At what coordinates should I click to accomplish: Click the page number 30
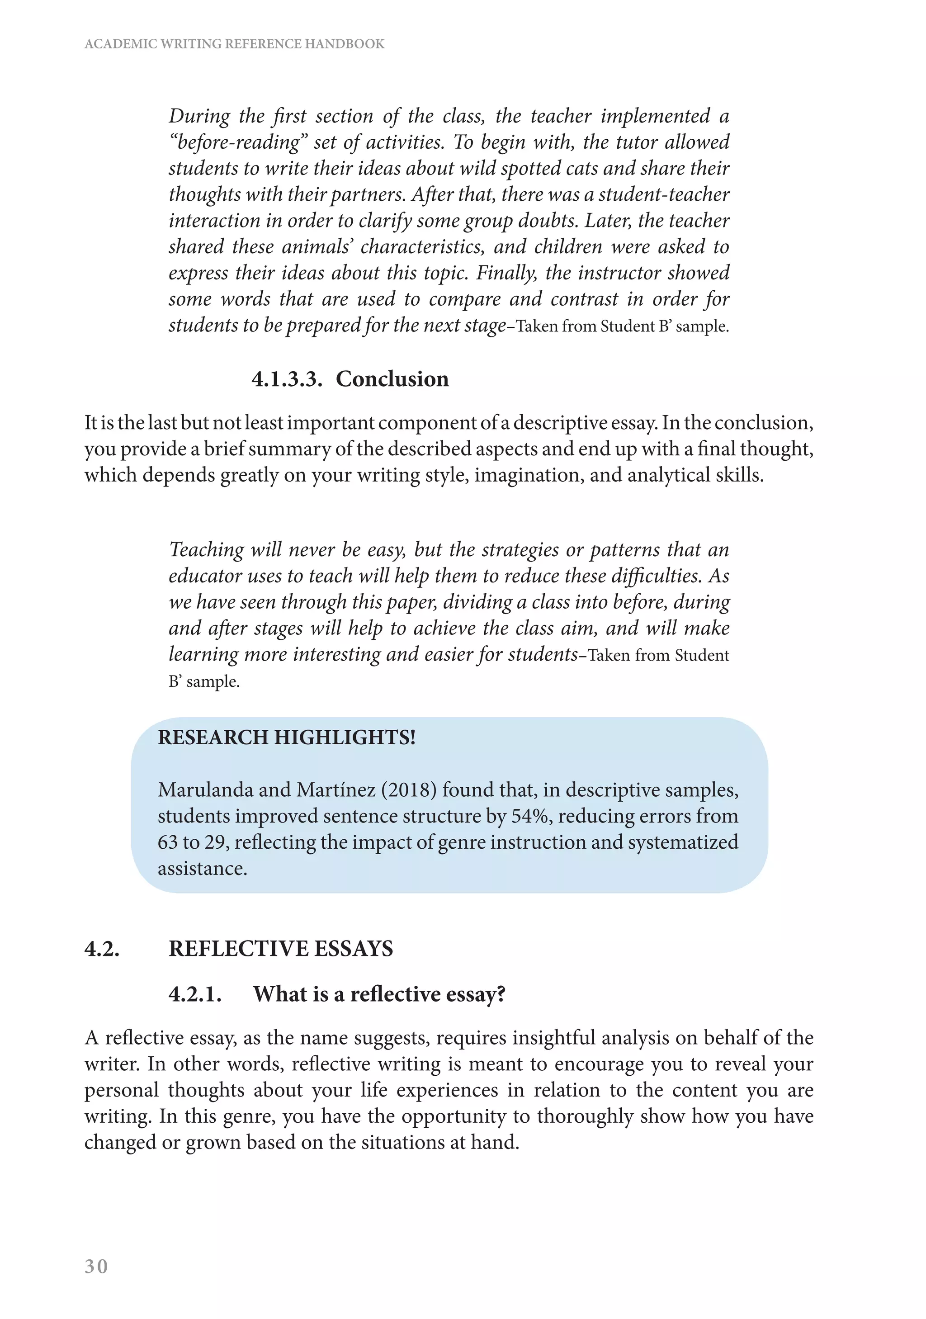tap(96, 1266)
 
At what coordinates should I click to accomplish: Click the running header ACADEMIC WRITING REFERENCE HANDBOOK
tap(234, 44)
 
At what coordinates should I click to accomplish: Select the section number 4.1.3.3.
tap(287, 379)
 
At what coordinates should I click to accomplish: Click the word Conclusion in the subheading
tap(392, 379)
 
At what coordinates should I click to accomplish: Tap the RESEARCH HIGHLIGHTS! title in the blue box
tap(287, 737)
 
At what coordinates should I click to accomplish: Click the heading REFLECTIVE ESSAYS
tap(280, 949)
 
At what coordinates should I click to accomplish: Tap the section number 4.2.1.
tap(195, 994)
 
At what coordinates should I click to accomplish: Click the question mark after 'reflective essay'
tap(501, 994)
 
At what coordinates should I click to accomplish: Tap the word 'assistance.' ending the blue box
tap(202, 868)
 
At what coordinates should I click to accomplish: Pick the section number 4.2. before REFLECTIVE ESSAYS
tap(102, 949)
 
